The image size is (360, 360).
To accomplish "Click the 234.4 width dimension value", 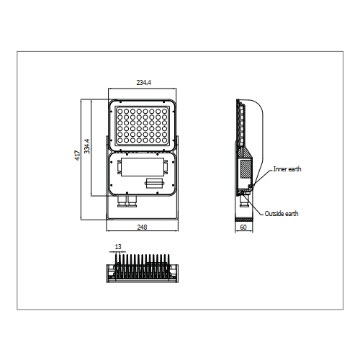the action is click(x=144, y=83).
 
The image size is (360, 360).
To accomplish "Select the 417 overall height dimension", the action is click(x=77, y=156).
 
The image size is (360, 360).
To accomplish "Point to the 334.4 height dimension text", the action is click(x=87, y=146).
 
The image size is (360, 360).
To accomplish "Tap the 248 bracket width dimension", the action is click(x=142, y=227).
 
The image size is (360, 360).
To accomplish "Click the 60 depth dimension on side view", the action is click(x=243, y=227).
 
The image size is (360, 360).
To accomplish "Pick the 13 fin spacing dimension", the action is click(x=118, y=247).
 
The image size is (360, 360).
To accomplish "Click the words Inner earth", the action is click(x=287, y=169).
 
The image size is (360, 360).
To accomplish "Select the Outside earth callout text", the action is click(x=282, y=214).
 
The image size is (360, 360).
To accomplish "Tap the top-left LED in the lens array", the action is click(x=120, y=112).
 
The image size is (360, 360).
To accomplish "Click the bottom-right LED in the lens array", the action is click(x=164, y=140).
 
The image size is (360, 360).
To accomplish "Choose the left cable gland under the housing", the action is click(x=122, y=202).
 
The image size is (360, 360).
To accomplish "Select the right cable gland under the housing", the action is click(x=132, y=202).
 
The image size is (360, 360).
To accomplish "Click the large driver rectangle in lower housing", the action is click(x=143, y=167).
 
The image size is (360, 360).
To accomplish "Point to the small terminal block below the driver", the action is click(x=155, y=184).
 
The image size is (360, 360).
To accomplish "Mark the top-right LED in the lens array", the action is click(x=164, y=112).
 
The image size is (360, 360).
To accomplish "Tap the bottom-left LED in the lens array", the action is click(x=120, y=140).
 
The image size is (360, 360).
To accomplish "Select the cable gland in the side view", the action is click(x=243, y=201).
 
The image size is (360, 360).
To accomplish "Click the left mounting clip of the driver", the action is click(x=119, y=166).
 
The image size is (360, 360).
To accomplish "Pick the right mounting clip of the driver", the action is click(x=166, y=166).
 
